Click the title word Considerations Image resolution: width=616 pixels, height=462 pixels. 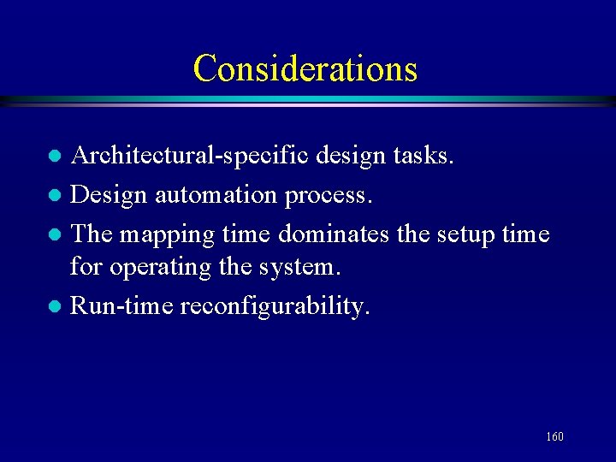tap(305, 68)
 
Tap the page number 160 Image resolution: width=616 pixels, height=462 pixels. tap(554, 437)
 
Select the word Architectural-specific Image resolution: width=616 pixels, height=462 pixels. tap(190, 157)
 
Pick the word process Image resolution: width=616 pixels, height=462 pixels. tap(329, 196)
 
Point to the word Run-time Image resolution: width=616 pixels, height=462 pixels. tap(121, 305)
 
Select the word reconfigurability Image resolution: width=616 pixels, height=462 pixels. tap(275, 306)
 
